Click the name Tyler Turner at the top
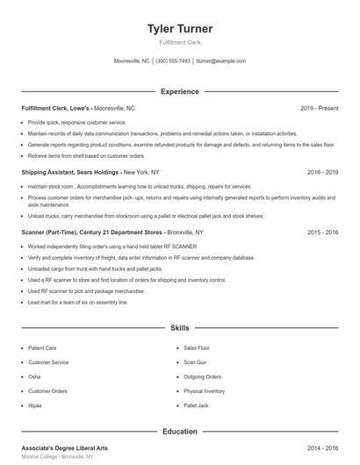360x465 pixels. pos(179,29)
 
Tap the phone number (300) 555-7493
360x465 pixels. pos(173,61)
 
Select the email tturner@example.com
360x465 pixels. pos(220,61)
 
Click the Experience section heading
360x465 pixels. pos(179,91)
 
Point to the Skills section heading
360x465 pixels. pos(179,327)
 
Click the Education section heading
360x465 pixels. pos(179,432)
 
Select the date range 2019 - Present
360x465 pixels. pos(319,108)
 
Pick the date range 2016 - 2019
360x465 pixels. pos(322,173)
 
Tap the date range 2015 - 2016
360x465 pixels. pos(322,232)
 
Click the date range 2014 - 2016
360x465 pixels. pos(322,447)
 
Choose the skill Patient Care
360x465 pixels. pos(42,347)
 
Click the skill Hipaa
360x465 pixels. pos(35,405)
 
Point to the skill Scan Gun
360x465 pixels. pos(195,361)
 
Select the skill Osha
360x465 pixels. pos(34,376)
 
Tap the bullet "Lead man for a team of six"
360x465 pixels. pos(77,302)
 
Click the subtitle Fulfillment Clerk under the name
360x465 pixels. pos(179,42)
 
